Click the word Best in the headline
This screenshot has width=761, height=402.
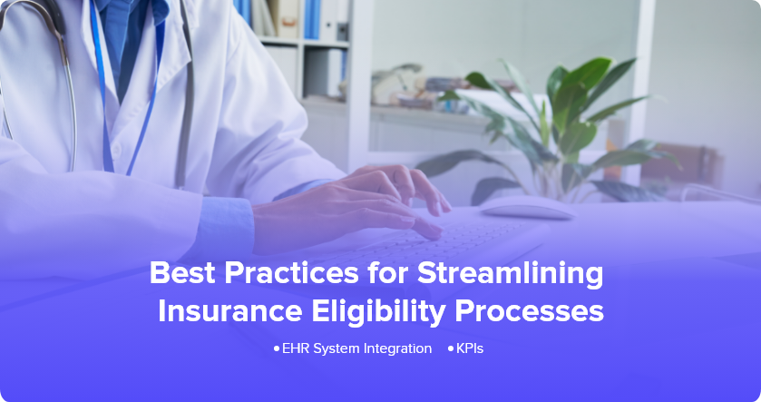pos(182,273)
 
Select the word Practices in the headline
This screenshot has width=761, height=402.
pos(291,273)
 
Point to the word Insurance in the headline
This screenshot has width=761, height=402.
pos(230,311)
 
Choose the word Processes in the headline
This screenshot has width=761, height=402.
pos(529,311)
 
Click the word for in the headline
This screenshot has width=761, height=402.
pos(387,273)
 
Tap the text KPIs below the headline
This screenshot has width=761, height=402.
pos(470,348)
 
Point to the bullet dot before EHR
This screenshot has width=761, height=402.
pos(277,348)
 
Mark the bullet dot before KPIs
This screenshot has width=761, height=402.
pos(451,348)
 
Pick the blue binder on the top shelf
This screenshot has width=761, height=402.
pos(312,19)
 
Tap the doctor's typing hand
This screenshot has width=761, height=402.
pos(359,204)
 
